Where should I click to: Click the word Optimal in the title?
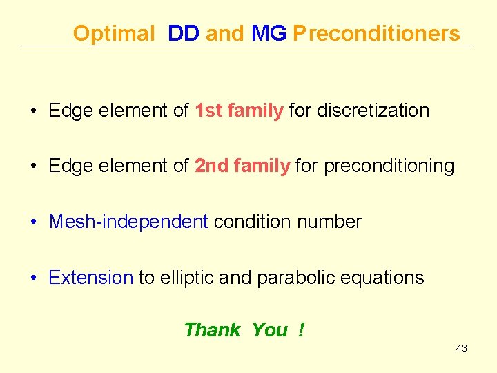point(114,33)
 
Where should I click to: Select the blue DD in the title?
point(183,33)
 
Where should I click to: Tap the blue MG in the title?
point(269,33)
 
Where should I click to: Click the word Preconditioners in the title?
point(376,33)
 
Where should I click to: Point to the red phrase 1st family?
point(239,111)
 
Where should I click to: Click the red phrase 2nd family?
point(242,166)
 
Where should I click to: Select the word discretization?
point(373,111)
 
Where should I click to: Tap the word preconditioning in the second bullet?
point(389,166)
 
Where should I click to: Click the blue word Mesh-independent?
point(128,222)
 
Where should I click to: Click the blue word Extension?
point(90,278)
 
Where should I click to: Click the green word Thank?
point(212,330)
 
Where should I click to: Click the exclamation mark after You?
point(301,330)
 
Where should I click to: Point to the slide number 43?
point(462,348)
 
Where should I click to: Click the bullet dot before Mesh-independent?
point(33,222)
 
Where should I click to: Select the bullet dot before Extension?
point(33,278)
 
